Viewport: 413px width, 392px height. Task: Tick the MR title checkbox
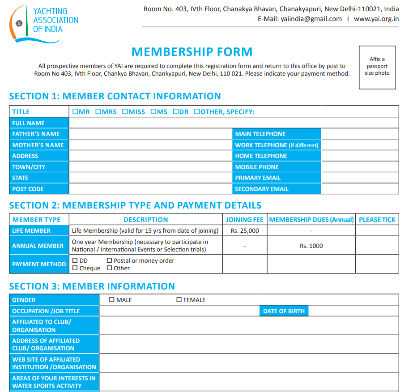75,111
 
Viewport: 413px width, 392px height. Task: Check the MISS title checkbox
125,111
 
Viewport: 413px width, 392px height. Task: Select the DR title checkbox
175,111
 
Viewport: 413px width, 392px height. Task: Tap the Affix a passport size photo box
377,67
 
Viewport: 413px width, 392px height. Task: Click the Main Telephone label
260,134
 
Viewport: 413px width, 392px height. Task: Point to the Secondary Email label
262,189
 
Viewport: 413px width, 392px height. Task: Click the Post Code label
28,189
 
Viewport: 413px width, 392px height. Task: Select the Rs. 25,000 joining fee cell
245,231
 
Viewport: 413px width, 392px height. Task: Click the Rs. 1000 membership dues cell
311,246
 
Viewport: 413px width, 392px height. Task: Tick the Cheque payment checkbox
75,268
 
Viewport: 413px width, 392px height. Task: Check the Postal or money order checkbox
109,260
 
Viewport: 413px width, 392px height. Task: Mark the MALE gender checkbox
112,300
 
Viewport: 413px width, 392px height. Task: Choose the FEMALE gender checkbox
179,300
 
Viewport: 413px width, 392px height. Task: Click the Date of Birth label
284,311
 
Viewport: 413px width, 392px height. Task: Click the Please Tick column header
377,220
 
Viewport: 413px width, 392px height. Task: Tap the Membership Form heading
192,52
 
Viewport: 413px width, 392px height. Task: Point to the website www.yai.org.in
376,19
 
